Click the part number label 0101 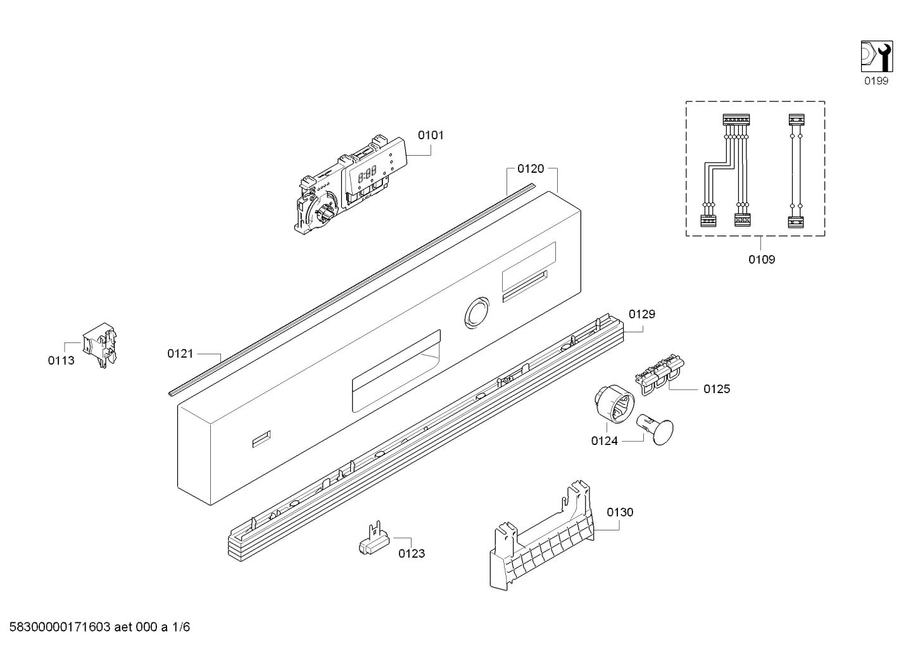(x=431, y=135)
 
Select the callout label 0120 (x=531, y=168)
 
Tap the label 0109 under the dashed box (x=762, y=260)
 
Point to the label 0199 (x=876, y=81)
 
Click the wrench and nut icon (x=877, y=56)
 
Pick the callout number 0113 (x=61, y=360)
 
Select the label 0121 (x=180, y=354)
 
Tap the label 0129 (x=642, y=314)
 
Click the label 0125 (x=717, y=389)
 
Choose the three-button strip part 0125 (x=660, y=374)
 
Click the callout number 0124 (x=604, y=441)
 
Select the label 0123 (x=412, y=553)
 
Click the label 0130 (x=620, y=512)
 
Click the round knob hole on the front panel (x=477, y=313)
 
